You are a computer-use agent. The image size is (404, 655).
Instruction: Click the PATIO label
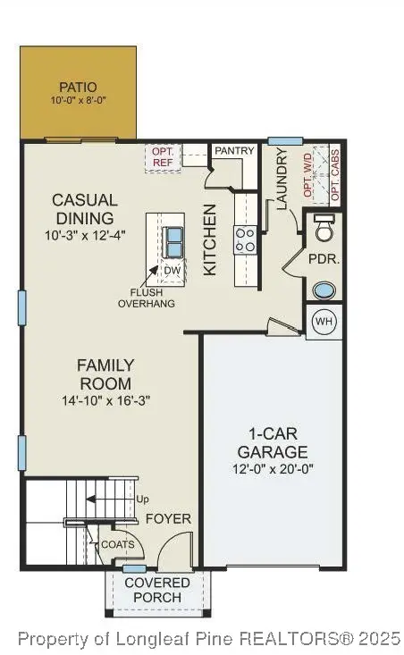point(78,88)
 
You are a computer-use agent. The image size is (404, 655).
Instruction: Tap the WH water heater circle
point(324,322)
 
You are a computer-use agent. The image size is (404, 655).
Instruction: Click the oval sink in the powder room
point(324,290)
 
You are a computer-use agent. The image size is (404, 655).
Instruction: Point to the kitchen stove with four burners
point(245,239)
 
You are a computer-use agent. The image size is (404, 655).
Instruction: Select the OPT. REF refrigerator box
point(164,158)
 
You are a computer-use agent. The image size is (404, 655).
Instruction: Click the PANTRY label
point(234,151)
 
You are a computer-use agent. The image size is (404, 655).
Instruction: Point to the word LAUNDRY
point(282,180)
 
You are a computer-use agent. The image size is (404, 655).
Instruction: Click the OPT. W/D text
point(308,174)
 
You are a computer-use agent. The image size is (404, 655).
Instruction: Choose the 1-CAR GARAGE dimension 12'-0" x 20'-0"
point(272,469)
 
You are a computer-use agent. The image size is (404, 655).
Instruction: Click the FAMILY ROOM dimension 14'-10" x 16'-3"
point(105,401)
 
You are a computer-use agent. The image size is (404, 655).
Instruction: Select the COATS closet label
point(118,543)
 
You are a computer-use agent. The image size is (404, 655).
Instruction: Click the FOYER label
point(168,518)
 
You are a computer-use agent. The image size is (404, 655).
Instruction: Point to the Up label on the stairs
point(142,500)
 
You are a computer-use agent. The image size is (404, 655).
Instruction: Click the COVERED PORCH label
point(157,590)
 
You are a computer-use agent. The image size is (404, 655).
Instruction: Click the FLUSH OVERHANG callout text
point(147,298)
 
